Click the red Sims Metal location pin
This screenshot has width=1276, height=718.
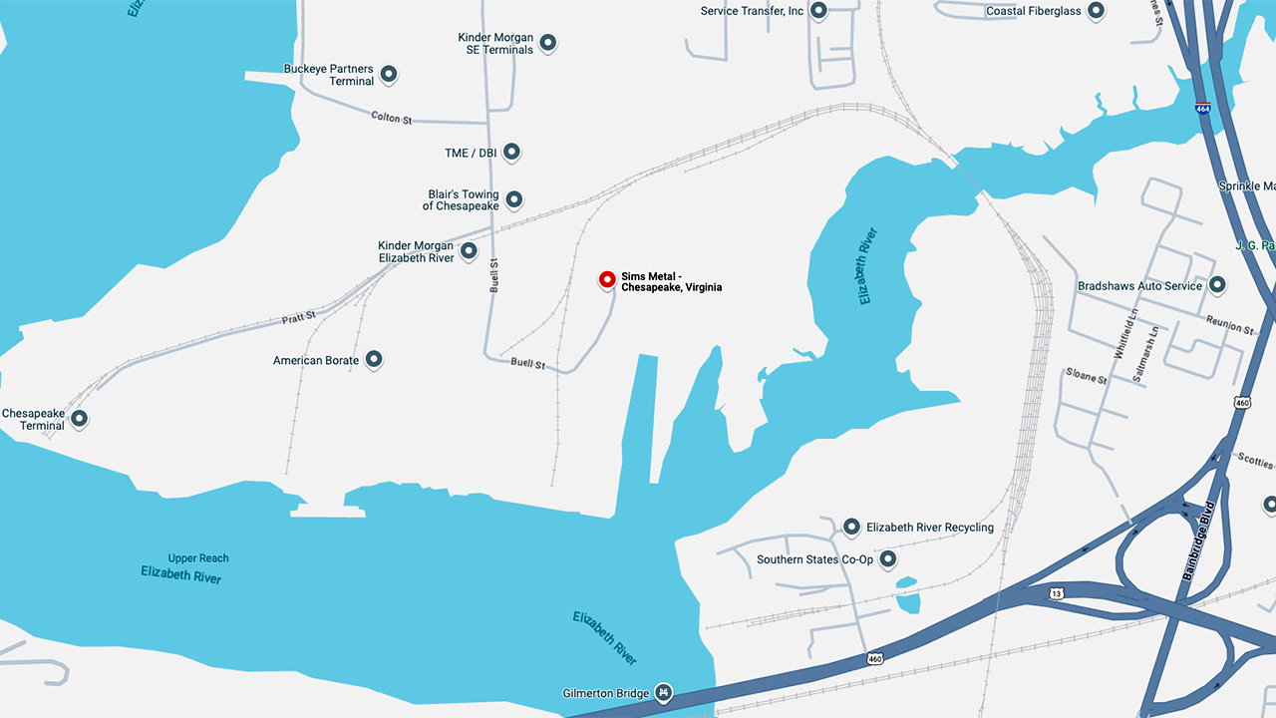[607, 279]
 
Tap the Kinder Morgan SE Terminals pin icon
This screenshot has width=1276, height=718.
[547, 43]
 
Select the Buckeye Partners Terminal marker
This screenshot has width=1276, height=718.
[389, 74]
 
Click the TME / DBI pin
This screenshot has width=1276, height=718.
[511, 152]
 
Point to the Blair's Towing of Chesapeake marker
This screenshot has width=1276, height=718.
[513, 199]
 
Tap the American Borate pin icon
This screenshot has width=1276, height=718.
[374, 359]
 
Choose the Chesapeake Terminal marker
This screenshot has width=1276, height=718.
[79, 419]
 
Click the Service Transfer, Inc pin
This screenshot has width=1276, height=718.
[818, 11]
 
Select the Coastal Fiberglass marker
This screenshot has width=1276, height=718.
[1096, 11]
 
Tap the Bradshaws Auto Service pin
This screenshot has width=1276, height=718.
[1216, 285]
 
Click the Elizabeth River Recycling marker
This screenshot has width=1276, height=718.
[851, 527]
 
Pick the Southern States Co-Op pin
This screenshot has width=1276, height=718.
[887, 558]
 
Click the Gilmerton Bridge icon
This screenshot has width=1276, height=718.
[663, 692]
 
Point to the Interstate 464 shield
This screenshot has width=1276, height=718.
[1203, 108]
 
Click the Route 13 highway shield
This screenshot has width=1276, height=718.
[1057, 593]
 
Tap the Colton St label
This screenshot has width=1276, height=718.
[391, 118]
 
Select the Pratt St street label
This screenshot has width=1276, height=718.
[298, 316]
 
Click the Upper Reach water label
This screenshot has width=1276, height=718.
[198, 558]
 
